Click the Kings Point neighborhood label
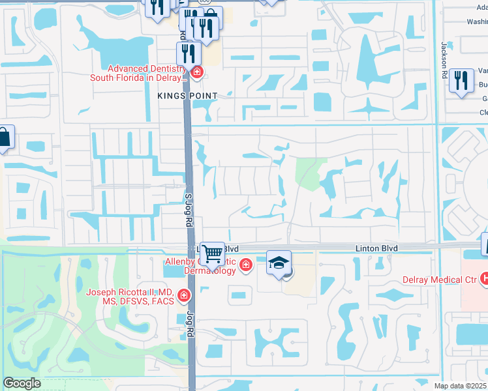[187, 96]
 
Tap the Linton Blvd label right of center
[376, 248]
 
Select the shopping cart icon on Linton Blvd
[212, 253]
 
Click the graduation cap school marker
[279, 263]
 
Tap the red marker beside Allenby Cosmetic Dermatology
[245, 265]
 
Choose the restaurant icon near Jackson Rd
[461, 80]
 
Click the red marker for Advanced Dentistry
[196, 72]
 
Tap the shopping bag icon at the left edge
[4, 138]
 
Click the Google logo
[22, 383]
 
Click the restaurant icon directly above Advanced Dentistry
[187, 52]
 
